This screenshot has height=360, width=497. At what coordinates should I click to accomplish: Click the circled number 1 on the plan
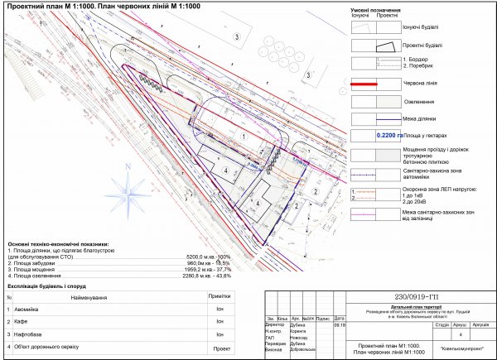click(x=244, y=134)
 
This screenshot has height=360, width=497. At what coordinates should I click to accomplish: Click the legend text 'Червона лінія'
click(x=422, y=84)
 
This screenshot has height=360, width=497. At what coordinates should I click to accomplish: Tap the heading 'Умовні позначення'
click(x=383, y=10)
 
